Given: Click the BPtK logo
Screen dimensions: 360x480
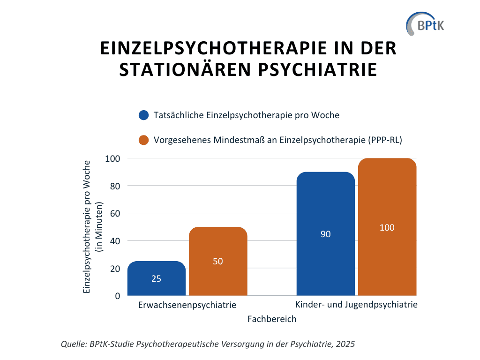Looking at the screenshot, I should point(425,23).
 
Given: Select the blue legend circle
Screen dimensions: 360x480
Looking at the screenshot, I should point(143,115).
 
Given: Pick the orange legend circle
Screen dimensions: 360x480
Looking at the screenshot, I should point(143,140).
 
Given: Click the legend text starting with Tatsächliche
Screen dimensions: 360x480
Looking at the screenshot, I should point(246,115).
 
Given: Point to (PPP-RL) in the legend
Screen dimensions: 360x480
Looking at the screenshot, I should point(385,140).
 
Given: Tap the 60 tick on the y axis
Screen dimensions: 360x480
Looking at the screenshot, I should point(115,213).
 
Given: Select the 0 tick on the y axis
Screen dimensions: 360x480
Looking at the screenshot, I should point(118,296).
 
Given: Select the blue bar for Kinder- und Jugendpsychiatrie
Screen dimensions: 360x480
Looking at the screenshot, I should point(326,253).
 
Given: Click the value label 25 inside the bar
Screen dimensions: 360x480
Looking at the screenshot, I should point(157,278).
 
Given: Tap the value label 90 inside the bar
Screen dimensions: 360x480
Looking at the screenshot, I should point(326,234).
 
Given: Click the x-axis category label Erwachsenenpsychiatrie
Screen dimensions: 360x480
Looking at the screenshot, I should point(187,305).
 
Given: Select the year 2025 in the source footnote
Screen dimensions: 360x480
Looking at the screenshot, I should point(345,344).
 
